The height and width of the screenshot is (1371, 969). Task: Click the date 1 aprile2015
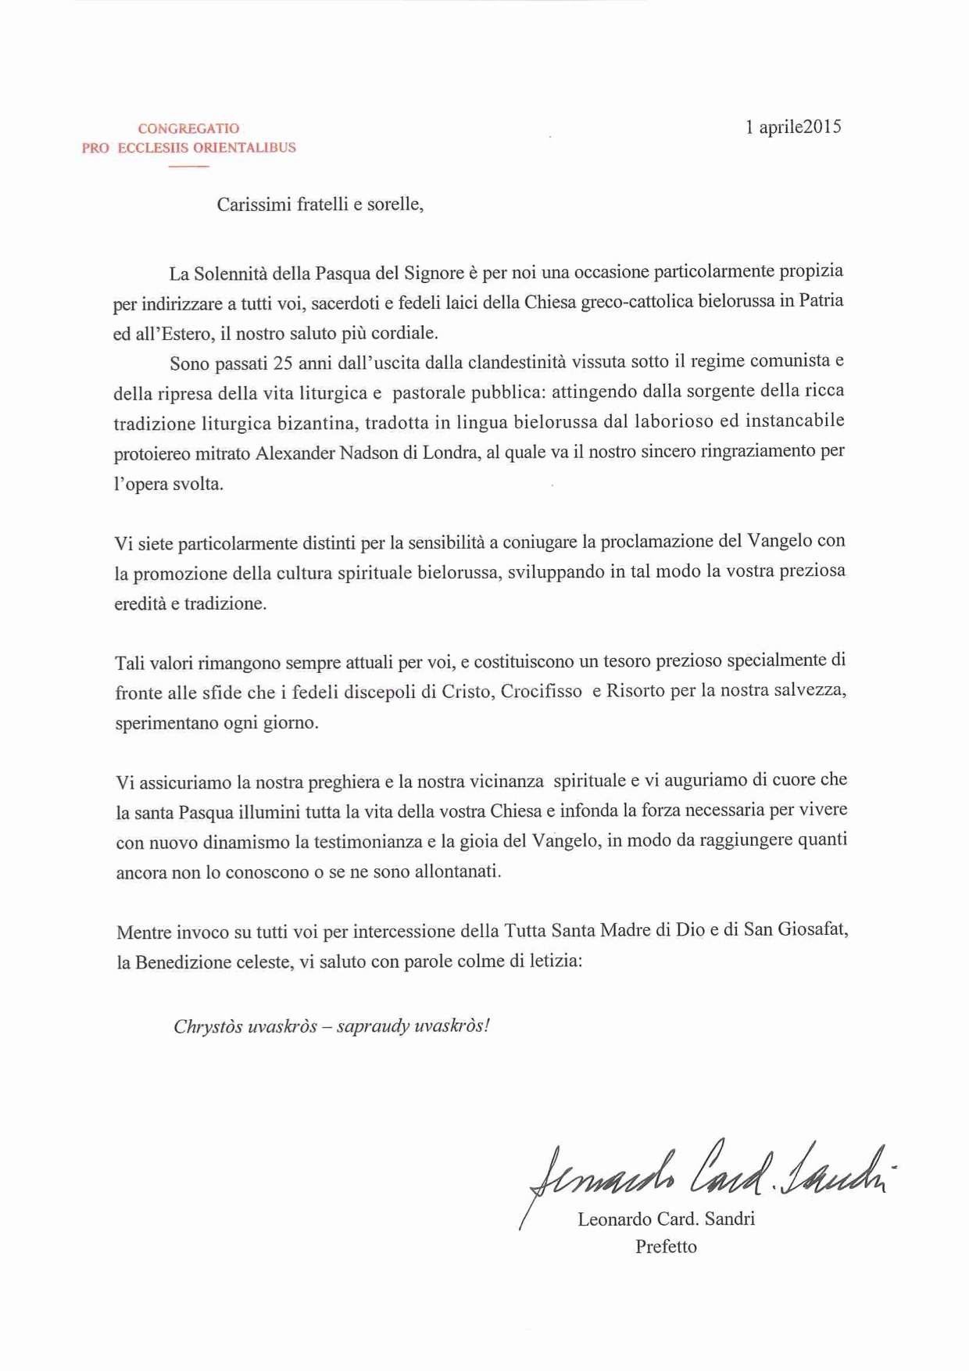point(793,127)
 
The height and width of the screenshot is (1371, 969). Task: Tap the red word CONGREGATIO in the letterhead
point(189,129)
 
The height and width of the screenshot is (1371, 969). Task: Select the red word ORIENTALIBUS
point(248,148)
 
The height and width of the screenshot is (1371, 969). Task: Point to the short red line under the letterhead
point(189,166)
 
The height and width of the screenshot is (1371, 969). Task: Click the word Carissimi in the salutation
point(250,205)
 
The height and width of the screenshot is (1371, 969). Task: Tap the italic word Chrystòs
point(206,1026)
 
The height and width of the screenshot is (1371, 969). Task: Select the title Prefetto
point(666,1247)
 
